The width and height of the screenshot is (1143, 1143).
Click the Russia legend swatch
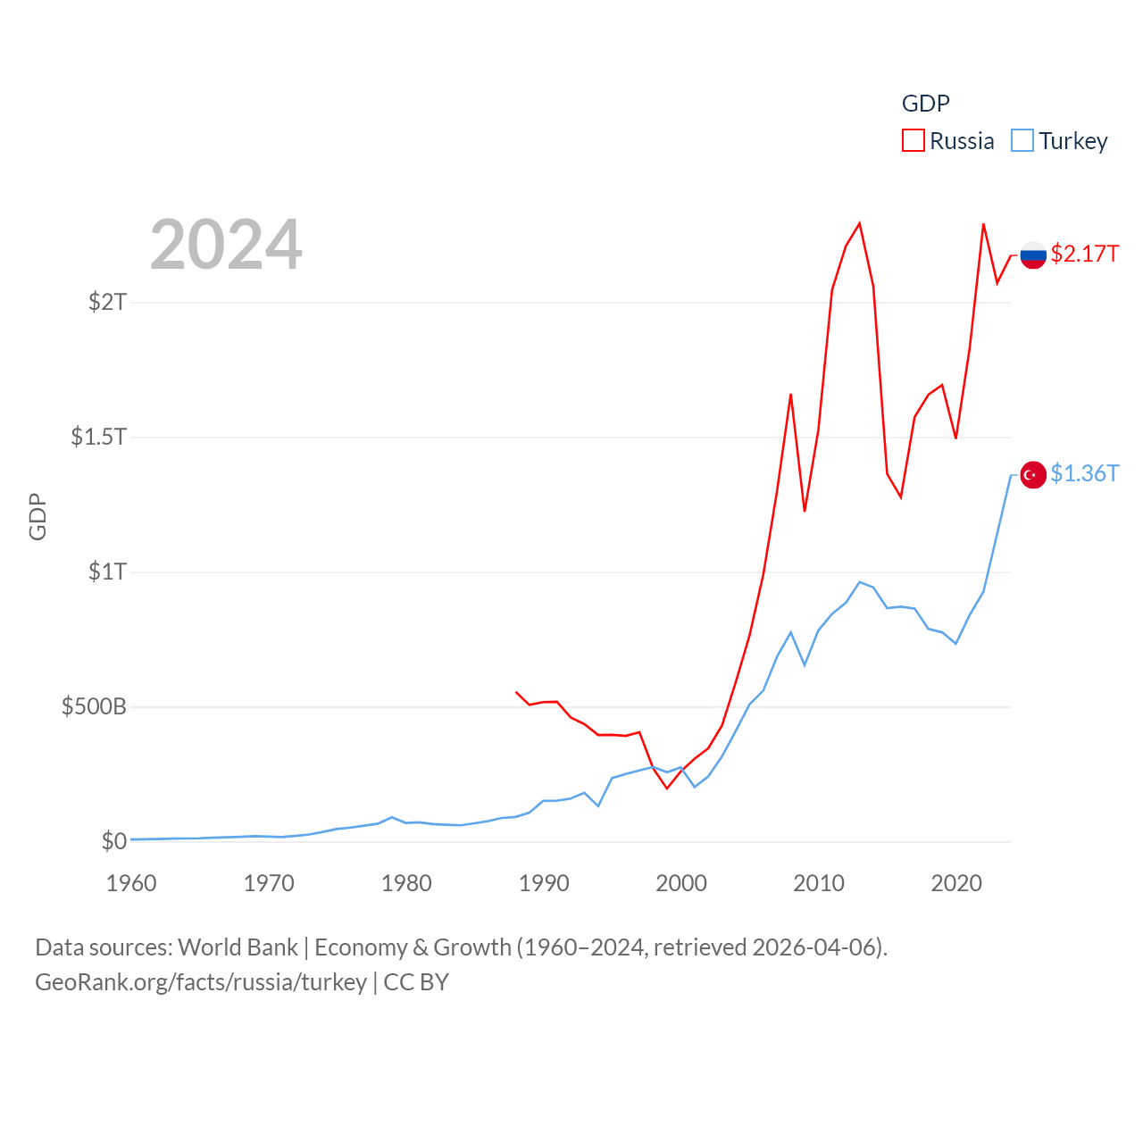(913, 141)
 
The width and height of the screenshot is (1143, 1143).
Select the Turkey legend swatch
(1022, 141)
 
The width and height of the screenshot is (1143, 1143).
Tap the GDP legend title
(925, 104)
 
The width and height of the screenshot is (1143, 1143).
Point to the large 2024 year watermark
(226, 245)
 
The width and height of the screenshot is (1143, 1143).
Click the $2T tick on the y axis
(107, 302)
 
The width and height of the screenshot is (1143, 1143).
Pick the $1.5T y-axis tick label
(98, 437)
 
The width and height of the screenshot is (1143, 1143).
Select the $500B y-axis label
(94, 706)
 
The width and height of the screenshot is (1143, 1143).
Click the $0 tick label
(113, 841)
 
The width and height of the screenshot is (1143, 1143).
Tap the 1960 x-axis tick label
(131, 883)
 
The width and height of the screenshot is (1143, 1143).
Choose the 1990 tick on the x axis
(544, 883)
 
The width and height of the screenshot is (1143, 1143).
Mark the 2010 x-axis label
(819, 883)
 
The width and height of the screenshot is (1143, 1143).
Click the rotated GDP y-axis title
(38, 516)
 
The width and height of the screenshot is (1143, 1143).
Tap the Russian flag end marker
(1033, 255)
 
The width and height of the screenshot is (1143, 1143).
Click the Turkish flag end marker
(1033, 475)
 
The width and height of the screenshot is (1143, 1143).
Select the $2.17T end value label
(1084, 254)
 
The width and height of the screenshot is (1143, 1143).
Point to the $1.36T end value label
(1084, 473)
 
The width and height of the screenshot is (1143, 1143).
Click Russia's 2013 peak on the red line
(859, 223)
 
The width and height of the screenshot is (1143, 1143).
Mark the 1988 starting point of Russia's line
(516, 692)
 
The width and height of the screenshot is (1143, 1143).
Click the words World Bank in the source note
(238, 947)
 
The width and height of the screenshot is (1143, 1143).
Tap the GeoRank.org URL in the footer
(201, 982)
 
